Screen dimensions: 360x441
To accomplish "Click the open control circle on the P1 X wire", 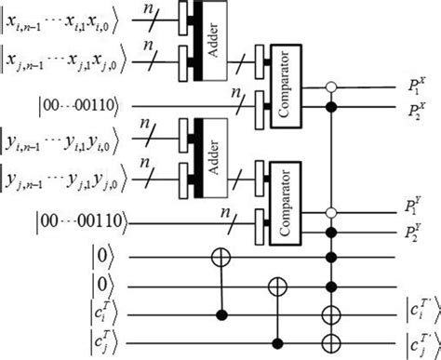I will point(331,89).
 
